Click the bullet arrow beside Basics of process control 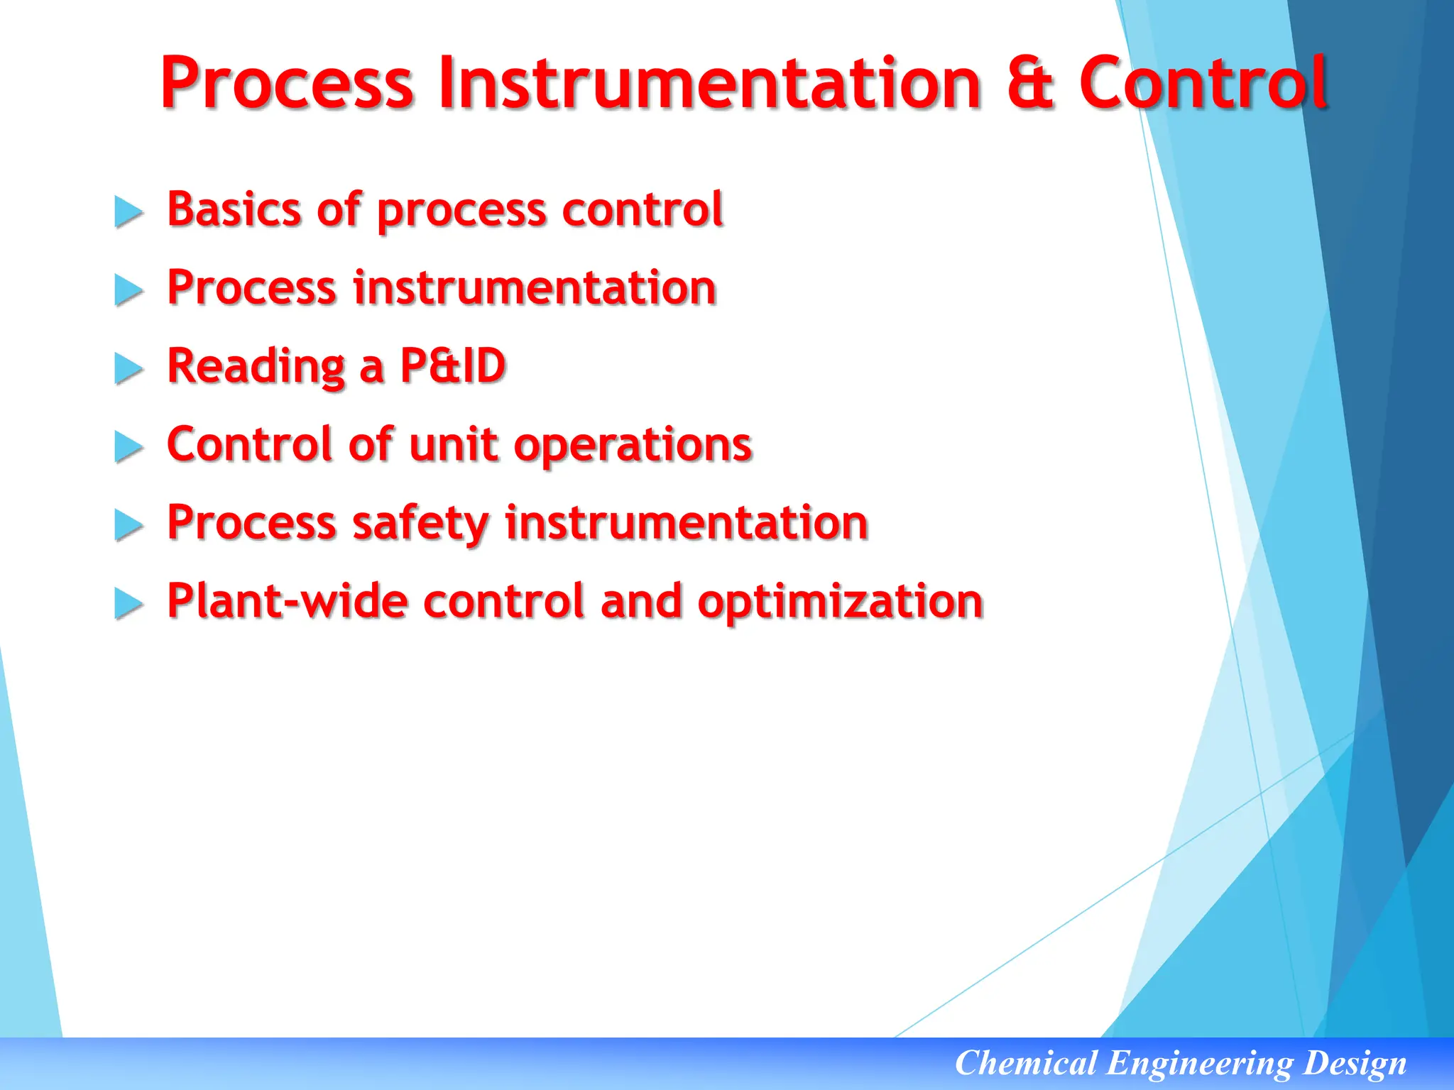pos(129,212)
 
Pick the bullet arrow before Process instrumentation pos(129,290)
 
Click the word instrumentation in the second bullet pos(535,288)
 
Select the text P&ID pos(453,366)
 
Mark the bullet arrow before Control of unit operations pos(129,447)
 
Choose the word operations pos(633,446)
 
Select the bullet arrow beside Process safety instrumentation pos(129,526)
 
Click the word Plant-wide pos(288,601)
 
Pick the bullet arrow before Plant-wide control pos(129,604)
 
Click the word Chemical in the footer pos(1025,1063)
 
